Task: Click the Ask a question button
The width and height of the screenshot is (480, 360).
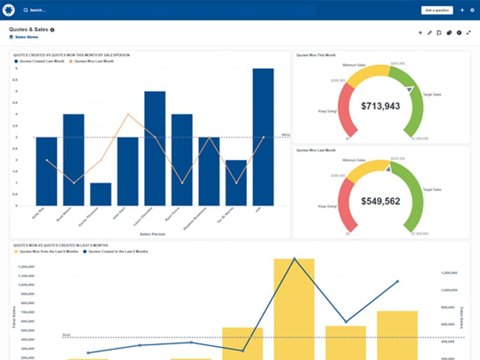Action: (x=436, y=10)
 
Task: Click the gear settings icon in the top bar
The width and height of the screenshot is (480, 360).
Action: (x=472, y=10)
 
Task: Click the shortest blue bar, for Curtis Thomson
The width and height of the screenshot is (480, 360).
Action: (x=101, y=194)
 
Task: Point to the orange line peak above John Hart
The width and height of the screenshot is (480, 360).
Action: (x=128, y=114)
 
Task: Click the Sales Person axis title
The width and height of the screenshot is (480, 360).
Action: (x=152, y=233)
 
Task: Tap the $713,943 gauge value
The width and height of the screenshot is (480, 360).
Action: (x=380, y=106)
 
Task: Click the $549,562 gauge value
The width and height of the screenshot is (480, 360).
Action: (x=380, y=202)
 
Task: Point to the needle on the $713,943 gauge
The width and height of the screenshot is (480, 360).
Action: (x=410, y=89)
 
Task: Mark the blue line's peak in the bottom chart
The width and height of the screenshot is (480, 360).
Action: (x=294, y=259)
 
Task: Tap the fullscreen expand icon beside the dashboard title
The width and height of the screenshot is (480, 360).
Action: (x=469, y=32)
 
